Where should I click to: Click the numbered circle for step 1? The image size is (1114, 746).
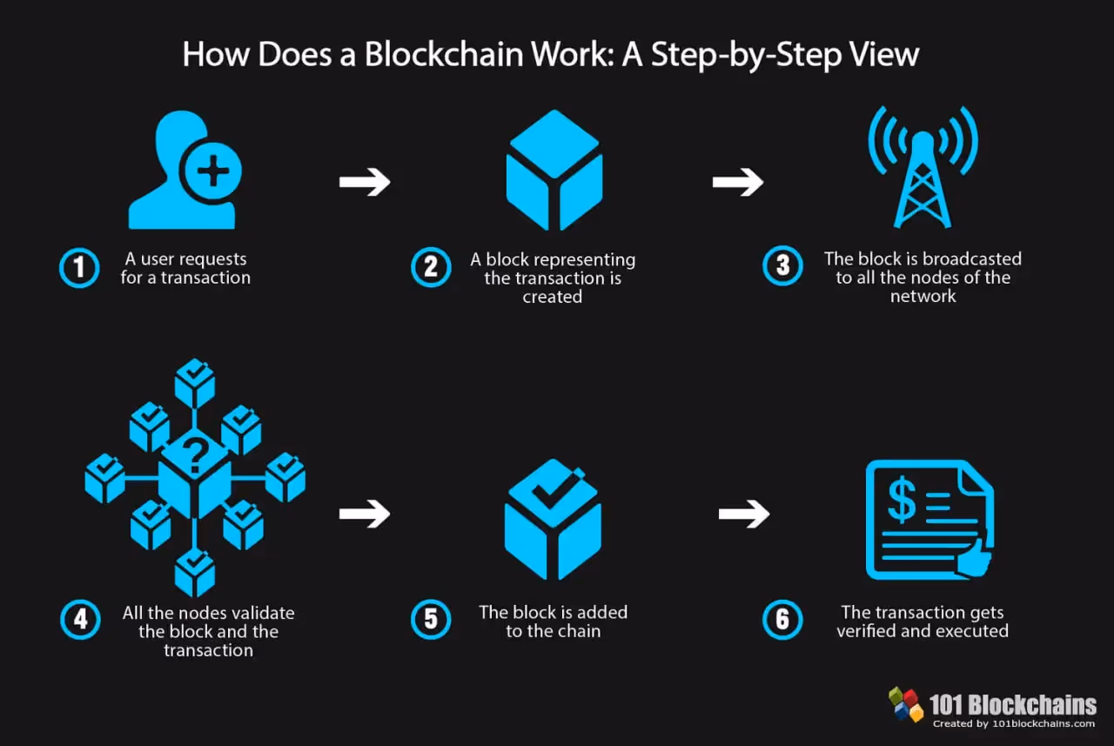click(80, 268)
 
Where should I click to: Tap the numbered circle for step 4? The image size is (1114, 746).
click(80, 620)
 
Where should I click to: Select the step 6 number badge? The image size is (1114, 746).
click(782, 620)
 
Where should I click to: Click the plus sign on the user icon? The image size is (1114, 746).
click(211, 170)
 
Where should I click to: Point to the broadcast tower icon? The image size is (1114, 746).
click(923, 170)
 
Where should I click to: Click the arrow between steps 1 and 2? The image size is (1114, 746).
click(365, 182)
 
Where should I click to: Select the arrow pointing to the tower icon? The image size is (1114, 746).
click(737, 182)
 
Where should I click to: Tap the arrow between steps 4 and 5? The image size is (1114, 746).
click(365, 514)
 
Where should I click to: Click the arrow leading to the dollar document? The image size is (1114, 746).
click(744, 514)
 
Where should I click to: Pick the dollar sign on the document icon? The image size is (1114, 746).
click(901, 501)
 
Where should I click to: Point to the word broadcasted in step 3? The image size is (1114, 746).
click(971, 259)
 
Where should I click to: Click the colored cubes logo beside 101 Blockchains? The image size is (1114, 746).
click(906, 703)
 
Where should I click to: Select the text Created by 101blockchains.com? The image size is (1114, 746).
click(1014, 723)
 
